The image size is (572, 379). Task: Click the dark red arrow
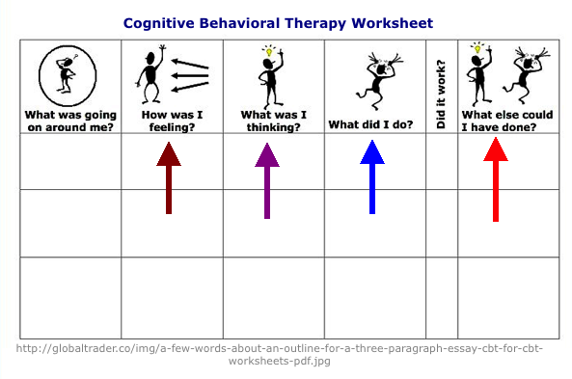point(169,178)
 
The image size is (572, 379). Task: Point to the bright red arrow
point(496,179)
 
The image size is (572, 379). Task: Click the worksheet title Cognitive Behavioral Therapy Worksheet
point(278,22)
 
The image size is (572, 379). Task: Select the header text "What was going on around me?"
point(69,119)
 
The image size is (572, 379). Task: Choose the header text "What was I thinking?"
point(273,119)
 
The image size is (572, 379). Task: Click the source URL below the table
point(286,354)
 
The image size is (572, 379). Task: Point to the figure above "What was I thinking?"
point(267,75)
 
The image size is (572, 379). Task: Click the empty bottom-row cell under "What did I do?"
point(374,297)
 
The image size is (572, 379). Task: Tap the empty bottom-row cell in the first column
point(69,297)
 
